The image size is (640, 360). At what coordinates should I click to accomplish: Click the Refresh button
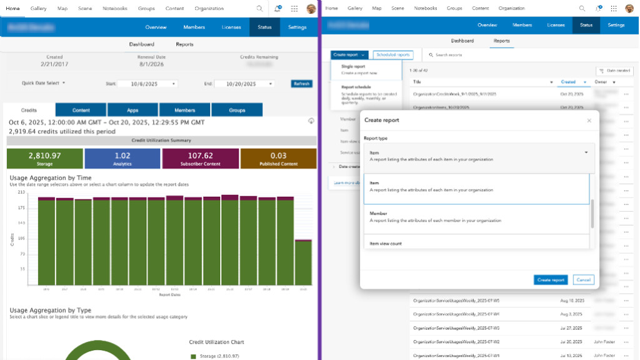click(x=301, y=84)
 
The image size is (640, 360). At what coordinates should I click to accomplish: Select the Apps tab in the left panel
click(x=132, y=110)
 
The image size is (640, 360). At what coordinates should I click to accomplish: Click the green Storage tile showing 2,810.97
click(x=44, y=158)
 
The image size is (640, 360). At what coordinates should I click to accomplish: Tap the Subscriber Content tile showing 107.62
click(x=200, y=158)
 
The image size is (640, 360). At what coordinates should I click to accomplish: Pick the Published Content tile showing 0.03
click(x=278, y=158)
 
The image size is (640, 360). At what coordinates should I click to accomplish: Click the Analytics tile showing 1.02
click(x=122, y=158)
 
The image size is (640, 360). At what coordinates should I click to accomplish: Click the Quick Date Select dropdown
click(x=44, y=83)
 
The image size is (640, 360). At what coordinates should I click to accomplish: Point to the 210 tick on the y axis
click(x=21, y=192)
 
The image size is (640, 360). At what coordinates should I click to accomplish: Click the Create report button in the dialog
click(x=551, y=280)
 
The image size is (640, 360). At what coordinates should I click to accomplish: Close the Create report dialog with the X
click(x=589, y=120)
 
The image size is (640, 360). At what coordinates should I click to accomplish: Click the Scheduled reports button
click(x=394, y=55)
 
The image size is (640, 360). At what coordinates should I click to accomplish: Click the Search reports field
click(x=475, y=55)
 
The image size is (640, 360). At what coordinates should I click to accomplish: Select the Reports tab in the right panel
click(x=501, y=41)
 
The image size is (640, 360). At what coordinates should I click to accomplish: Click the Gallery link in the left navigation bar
click(x=39, y=9)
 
